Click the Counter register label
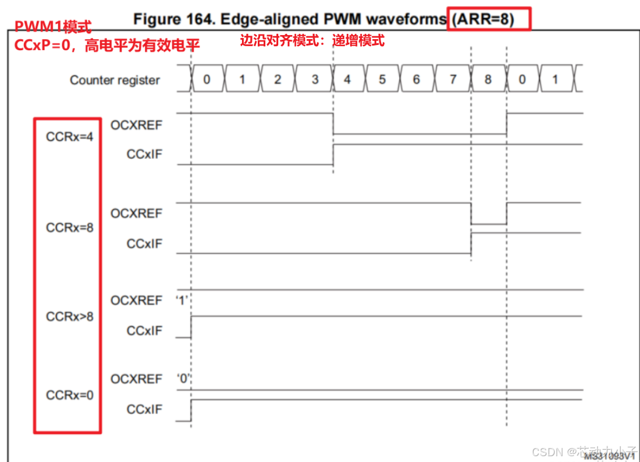[115, 80]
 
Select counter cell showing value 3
[314, 79]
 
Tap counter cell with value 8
[488, 79]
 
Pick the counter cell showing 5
[382, 79]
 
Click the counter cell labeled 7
[452, 79]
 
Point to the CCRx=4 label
[70, 137]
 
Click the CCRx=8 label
[70, 227]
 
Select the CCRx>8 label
[70, 317]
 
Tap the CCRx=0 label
[70, 395]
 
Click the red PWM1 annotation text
[53, 27]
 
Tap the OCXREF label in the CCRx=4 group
[136, 124]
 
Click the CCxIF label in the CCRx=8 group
[144, 244]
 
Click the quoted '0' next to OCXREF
[185, 379]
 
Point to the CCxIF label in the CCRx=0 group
[144, 409]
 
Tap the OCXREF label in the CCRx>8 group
[136, 300]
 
